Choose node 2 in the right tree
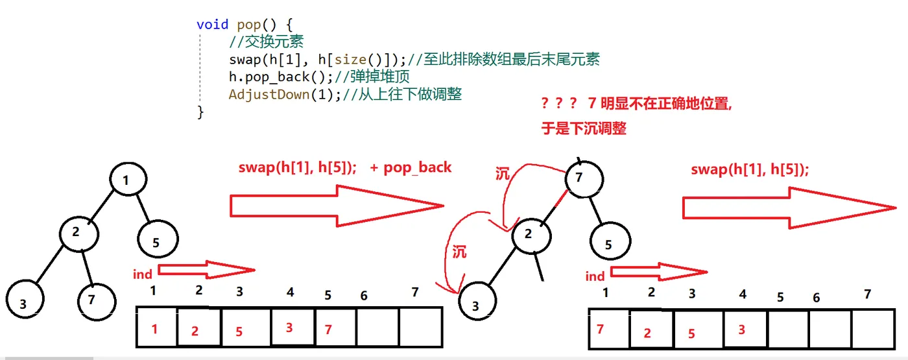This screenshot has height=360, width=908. [530, 234]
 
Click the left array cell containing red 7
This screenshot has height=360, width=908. [328, 329]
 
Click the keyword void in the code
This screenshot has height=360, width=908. [212, 25]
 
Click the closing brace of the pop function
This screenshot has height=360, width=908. [200, 112]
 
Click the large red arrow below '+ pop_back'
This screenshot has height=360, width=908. [336, 206]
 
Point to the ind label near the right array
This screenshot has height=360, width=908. [595, 276]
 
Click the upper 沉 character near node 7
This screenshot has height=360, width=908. [503, 174]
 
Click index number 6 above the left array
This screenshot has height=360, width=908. [364, 296]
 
